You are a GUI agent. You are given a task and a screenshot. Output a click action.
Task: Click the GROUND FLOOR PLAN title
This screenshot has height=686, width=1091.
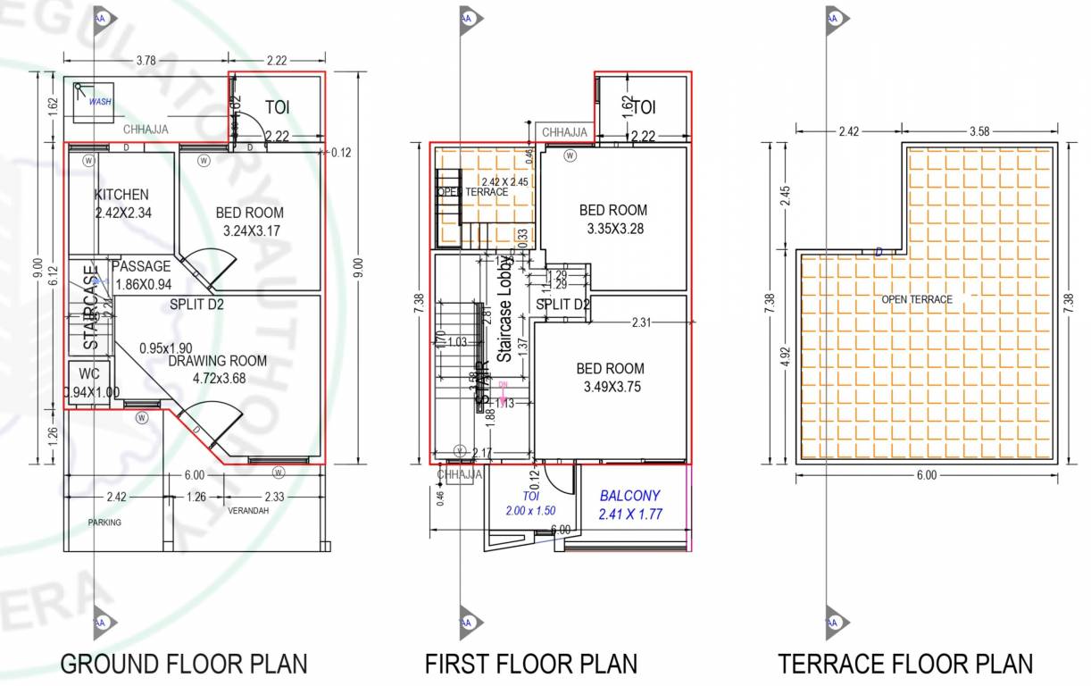[184, 665]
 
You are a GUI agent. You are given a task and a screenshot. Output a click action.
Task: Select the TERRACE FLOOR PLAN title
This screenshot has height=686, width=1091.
[905, 665]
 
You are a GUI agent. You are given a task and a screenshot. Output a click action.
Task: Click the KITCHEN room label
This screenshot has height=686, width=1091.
[121, 195]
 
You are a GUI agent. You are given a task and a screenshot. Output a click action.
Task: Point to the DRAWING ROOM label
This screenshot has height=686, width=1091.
[218, 361]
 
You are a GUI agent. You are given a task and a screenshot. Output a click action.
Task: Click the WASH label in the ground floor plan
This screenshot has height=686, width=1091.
[100, 102]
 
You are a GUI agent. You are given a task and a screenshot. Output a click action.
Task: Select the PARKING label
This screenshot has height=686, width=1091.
[104, 523]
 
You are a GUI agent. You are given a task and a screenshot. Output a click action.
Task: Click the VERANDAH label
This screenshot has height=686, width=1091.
[248, 512]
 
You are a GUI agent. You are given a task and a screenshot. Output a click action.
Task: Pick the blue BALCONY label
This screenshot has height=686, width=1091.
[630, 495]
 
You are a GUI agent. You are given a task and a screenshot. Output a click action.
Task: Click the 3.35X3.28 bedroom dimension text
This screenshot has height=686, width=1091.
[615, 229]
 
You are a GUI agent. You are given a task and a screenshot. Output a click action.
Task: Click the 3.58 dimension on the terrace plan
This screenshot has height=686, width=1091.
[979, 131]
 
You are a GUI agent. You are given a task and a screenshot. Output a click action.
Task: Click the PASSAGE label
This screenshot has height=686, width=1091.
[141, 266]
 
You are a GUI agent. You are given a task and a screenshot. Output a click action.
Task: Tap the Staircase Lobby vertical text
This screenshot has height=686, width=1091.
[504, 308]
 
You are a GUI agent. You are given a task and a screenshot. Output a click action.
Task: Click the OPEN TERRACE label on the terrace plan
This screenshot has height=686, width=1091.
[917, 299]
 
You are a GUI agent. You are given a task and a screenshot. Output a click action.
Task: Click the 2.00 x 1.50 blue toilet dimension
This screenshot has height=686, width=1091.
[530, 511]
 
